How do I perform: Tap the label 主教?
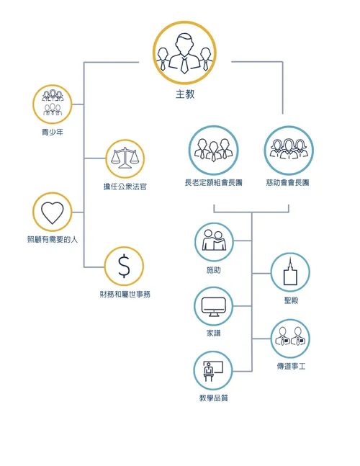[184, 94]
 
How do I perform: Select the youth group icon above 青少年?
[53, 104]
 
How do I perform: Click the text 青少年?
[53, 133]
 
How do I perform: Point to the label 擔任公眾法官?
[125, 187]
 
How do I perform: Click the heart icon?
[53, 212]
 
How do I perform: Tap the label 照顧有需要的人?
[53, 239]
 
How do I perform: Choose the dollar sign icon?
[125, 266]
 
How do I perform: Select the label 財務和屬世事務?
[125, 295]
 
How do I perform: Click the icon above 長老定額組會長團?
[213, 151]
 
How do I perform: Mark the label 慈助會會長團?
[289, 183]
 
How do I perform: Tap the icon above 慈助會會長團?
[289, 151]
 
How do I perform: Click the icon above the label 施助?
[214, 242]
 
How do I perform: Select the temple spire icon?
[290, 272]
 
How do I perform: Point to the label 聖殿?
[291, 300]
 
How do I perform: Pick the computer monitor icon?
[214, 306]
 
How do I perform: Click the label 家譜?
[214, 333]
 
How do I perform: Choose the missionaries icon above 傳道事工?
[290, 339]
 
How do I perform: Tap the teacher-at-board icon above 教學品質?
[214, 371]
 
